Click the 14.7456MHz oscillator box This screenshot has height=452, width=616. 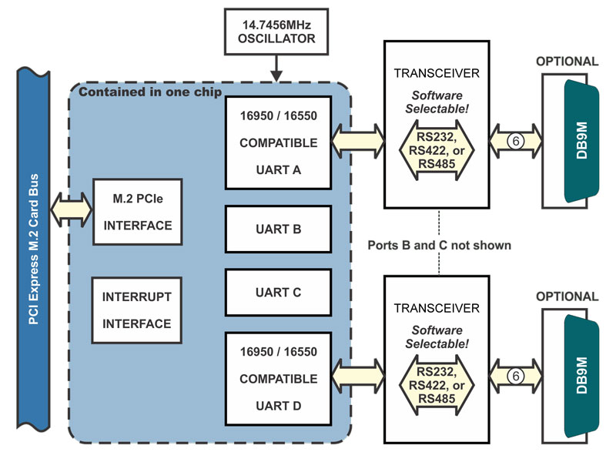tap(276, 32)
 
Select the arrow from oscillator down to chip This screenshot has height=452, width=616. tap(276, 69)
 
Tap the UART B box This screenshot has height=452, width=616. tap(278, 229)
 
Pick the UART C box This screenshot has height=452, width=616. tap(278, 292)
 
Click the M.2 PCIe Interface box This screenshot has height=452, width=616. tap(138, 212)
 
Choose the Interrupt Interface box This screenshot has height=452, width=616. tap(137, 310)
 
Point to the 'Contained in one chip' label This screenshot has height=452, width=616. tap(150, 92)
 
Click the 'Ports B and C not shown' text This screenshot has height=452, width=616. tap(439, 245)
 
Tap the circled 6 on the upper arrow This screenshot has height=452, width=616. tap(515, 141)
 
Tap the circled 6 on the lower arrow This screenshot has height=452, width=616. tap(515, 377)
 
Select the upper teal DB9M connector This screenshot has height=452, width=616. tap(581, 141)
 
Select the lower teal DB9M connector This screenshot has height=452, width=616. tap(581, 376)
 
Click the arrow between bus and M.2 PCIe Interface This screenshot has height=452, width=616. tap(71, 209)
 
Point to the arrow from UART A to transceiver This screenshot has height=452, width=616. tap(358, 141)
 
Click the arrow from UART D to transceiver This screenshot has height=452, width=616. tap(358, 377)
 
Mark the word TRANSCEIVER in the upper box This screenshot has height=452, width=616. tap(437, 73)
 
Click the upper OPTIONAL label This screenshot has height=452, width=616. tap(567, 62)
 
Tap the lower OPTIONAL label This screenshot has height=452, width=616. tap(567, 296)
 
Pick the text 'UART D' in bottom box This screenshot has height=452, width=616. tap(278, 406)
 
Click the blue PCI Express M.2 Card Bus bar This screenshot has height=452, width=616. tap(33, 249)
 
